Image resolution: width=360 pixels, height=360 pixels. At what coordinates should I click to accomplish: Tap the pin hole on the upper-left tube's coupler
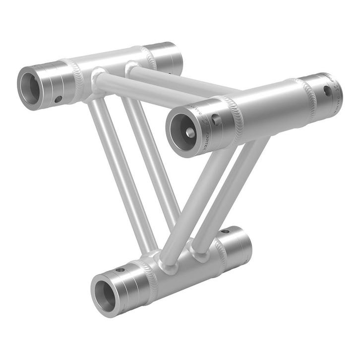click(58, 99)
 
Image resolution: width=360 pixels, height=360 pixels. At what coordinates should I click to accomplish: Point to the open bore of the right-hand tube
click(180, 131)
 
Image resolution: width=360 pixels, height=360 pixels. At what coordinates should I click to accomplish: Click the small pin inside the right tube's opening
click(190, 132)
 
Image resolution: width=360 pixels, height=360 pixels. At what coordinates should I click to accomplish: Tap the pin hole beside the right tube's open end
click(216, 120)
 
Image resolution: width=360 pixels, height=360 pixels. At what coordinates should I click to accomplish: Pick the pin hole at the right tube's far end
click(327, 91)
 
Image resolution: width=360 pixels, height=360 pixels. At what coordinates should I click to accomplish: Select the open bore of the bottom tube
click(106, 293)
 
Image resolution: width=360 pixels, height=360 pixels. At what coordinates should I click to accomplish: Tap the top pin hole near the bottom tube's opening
click(120, 270)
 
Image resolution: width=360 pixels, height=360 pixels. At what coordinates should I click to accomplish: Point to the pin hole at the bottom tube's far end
click(225, 231)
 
